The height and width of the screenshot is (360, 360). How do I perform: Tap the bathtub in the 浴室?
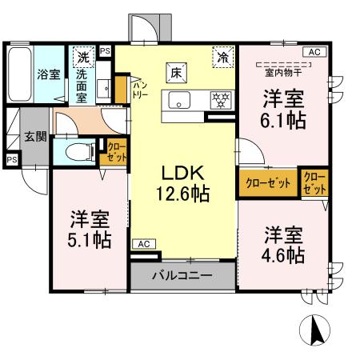[18, 74]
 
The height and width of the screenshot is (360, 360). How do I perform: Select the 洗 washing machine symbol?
[83, 57]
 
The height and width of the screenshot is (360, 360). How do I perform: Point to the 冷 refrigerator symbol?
[224, 57]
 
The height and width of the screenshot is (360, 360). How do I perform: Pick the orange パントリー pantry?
[121, 87]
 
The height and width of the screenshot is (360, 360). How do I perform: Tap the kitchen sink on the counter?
[178, 100]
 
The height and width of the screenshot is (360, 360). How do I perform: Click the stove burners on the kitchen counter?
[218, 100]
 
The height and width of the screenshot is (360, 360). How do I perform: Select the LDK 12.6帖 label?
[185, 182]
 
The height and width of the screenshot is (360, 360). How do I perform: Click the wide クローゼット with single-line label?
[268, 183]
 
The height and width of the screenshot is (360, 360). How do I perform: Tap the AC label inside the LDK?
[142, 243]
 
